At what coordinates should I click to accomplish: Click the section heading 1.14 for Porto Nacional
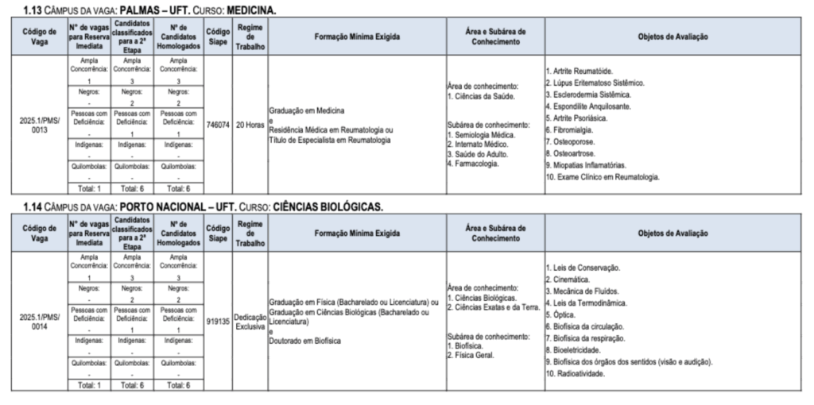tap(203, 207)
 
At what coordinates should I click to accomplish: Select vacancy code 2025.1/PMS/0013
tap(40, 125)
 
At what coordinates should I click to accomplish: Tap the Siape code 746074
tap(217, 125)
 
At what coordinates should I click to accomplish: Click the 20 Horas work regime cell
tap(250, 125)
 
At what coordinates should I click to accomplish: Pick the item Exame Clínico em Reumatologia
tap(605, 177)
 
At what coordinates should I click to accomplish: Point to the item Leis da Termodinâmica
tap(590, 303)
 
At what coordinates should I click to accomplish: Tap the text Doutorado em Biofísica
tap(305, 341)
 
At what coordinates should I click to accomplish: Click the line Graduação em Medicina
tap(307, 110)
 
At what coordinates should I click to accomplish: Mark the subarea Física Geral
tap(474, 355)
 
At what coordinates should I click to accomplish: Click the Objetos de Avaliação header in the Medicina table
tap(673, 37)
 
